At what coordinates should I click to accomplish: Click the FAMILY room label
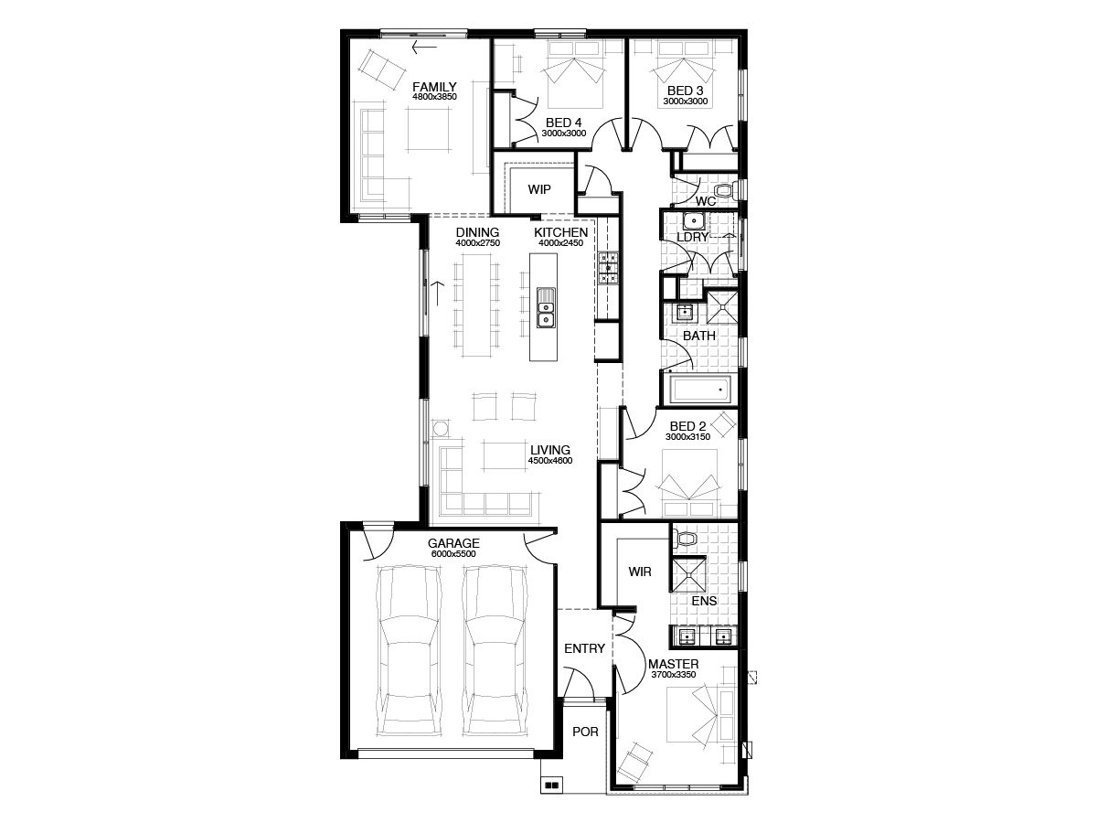434,87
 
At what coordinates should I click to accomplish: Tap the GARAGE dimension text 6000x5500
453,553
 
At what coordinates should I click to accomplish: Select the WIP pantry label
539,189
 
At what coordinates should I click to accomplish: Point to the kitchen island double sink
546,307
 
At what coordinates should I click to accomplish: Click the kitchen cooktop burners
608,267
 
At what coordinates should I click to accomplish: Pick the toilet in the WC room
724,190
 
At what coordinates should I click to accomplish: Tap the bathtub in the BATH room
699,390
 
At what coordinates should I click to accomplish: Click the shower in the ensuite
688,575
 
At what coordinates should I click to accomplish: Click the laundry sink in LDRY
694,219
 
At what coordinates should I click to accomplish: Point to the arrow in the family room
424,48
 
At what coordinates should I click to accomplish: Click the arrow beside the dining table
437,294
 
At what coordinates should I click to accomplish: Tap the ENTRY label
584,648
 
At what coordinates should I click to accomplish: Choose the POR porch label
585,732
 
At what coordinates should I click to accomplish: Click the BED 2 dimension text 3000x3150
687,437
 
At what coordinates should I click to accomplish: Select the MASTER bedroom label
673,664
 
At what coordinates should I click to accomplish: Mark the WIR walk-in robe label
640,572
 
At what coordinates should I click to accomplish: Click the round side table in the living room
442,429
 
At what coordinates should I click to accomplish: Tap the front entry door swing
580,684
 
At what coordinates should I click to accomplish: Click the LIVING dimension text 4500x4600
550,461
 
